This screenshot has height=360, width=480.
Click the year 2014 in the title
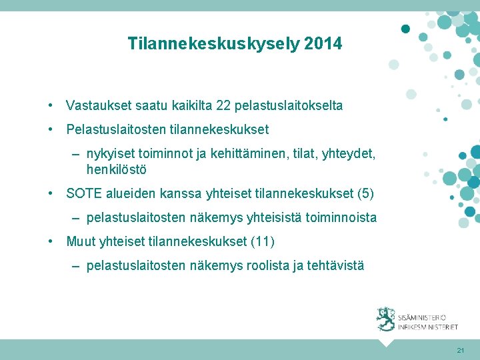pos(323,44)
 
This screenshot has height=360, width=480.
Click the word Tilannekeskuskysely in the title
pos(213,44)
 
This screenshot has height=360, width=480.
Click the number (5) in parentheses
pos(365,194)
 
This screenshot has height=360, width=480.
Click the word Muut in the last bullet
pos(80,241)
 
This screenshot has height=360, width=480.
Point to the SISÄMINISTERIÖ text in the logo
pos(422,318)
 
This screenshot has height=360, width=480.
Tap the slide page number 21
pos(460,350)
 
